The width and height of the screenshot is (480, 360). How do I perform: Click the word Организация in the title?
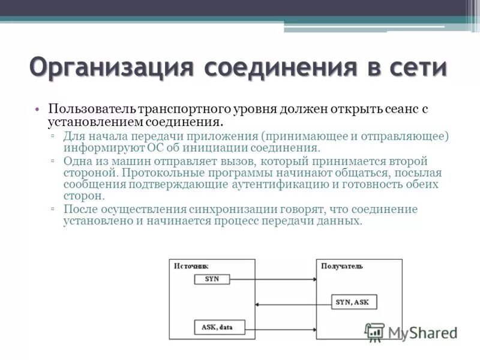click(111, 67)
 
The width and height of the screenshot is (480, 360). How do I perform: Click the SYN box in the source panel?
click(212, 279)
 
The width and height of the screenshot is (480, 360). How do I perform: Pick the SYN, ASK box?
click(353, 302)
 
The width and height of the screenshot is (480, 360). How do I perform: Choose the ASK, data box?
click(216, 327)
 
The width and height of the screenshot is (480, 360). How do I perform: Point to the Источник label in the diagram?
click(191, 266)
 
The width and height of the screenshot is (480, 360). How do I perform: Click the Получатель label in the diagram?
click(341, 266)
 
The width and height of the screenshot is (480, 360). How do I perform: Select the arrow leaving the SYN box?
click(273, 280)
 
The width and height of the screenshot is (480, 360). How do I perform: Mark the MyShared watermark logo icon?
click(374, 331)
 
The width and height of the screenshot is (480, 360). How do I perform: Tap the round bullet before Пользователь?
click(37, 110)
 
